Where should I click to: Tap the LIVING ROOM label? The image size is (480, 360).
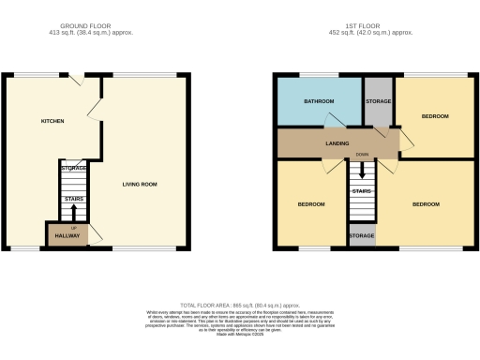click(140, 184)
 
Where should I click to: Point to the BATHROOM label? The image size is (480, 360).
click(319, 100)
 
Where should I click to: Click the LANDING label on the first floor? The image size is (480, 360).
click(337, 143)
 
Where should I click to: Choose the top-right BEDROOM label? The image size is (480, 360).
click(435, 116)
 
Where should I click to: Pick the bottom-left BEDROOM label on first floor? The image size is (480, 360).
click(312, 203)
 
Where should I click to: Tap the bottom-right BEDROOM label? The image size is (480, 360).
click(427, 203)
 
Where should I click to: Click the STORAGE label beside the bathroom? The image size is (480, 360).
click(379, 100)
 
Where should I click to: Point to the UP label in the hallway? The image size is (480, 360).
click(74, 228)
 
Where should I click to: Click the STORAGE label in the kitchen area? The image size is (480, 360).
click(74, 168)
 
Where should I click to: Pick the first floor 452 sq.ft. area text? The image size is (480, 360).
click(372, 33)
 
